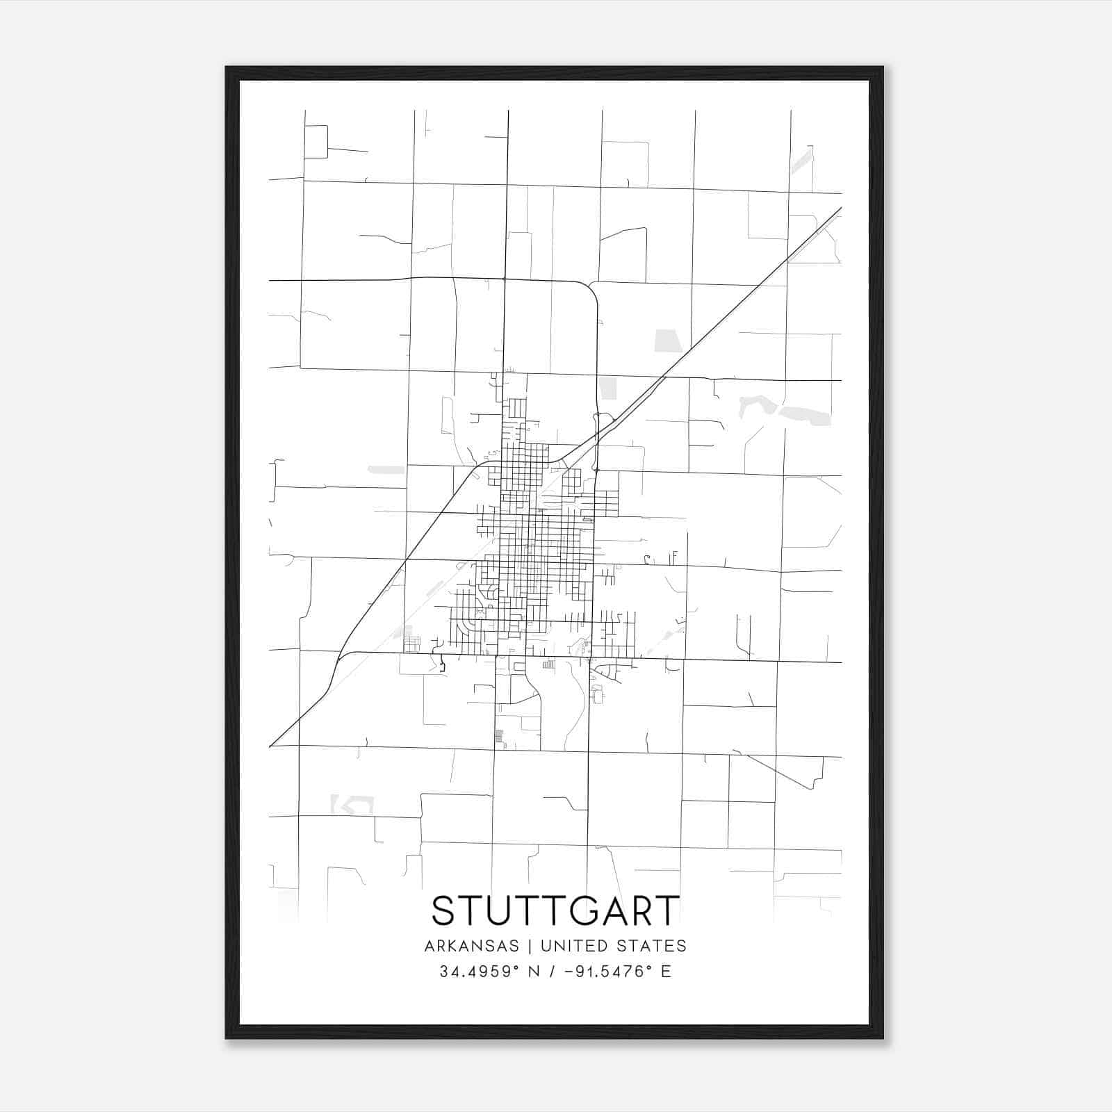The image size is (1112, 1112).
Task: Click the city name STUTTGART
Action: [555, 910]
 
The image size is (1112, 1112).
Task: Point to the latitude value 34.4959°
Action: [479, 972]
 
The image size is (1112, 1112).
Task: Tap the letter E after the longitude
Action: [666, 972]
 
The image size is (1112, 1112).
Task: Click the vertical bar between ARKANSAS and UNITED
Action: [530, 946]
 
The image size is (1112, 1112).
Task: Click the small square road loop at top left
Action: [316, 142]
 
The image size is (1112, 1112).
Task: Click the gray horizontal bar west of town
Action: [386, 470]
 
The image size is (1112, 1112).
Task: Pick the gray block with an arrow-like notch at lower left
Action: [352, 805]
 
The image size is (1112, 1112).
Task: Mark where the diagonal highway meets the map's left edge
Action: [270, 746]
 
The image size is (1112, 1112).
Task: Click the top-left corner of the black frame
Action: [227, 68]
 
